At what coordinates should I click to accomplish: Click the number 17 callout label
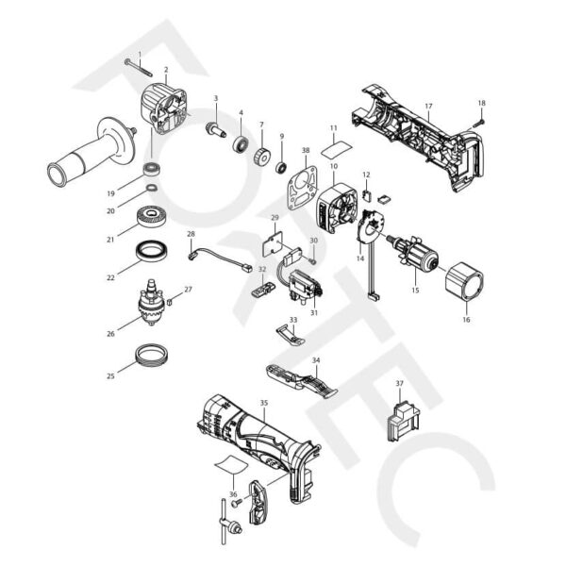click(x=428, y=107)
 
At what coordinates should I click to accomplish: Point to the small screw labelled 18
click(x=478, y=118)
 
